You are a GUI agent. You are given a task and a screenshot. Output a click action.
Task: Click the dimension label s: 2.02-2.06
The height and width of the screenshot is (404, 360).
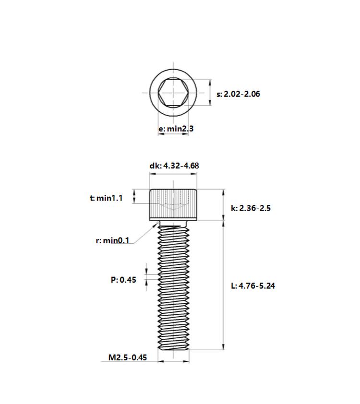click(x=238, y=94)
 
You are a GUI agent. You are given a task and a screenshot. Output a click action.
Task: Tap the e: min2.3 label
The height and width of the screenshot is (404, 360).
click(x=176, y=128)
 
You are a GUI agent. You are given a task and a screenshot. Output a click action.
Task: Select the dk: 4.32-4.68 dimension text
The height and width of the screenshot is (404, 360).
click(x=174, y=166)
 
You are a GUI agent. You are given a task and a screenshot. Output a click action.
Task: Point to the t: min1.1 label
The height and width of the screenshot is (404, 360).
click(x=106, y=198)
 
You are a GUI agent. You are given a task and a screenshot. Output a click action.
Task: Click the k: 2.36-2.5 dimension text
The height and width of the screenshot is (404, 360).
click(x=251, y=208)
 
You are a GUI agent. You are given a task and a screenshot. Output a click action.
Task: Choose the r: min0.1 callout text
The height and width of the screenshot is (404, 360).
click(x=112, y=240)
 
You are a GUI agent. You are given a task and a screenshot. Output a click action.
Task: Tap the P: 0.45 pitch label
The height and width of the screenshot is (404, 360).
click(x=123, y=280)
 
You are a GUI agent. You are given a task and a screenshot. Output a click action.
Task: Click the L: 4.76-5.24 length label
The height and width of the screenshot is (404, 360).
click(x=253, y=285)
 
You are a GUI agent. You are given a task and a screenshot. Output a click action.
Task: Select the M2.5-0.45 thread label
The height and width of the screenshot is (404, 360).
click(x=128, y=357)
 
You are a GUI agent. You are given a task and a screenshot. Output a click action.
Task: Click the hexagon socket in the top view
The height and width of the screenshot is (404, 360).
click(x=173, y=93)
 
